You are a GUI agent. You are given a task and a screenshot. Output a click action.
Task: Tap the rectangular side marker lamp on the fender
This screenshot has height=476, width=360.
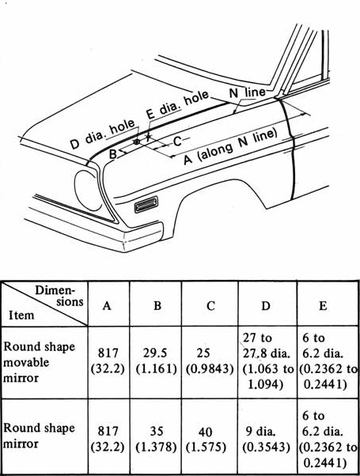[146, 204]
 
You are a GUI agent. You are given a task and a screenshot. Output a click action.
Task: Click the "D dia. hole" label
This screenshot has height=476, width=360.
[102, 134]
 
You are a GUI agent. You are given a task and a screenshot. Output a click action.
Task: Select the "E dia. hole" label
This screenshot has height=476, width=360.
[178, 104]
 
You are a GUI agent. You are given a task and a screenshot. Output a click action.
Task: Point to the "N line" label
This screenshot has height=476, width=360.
[247, 93]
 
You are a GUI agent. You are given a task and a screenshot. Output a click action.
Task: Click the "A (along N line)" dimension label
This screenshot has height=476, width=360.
[231, 146]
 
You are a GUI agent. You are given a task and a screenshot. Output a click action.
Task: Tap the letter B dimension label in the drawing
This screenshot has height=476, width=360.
[112, 154]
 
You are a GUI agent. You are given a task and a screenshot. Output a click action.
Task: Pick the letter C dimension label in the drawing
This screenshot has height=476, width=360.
[177, 142]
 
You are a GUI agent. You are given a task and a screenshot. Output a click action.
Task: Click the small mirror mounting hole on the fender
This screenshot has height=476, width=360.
[137, 142]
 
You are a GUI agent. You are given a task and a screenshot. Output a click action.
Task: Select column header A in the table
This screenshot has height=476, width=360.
[107, 305]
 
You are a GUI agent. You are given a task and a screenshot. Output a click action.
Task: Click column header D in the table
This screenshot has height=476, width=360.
[266, 305]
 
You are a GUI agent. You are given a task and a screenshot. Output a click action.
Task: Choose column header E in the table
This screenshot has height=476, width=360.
[323, 305]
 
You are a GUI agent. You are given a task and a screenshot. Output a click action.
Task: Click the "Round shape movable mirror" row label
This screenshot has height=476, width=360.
[40, 362]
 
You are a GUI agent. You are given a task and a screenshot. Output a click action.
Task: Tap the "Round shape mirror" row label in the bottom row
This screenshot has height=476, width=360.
[40, 436]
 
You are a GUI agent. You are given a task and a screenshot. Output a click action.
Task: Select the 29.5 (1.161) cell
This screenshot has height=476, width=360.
[156, 361]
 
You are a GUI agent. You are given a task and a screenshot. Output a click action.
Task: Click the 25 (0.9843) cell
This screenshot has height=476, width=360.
[210, 361]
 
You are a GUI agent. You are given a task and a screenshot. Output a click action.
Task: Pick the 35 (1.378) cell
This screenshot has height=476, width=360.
[156, 439]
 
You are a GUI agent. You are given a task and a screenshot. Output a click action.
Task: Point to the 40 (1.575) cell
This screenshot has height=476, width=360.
[206, 439]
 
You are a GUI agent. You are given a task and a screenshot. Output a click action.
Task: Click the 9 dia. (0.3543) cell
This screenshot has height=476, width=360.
[266, 439]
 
